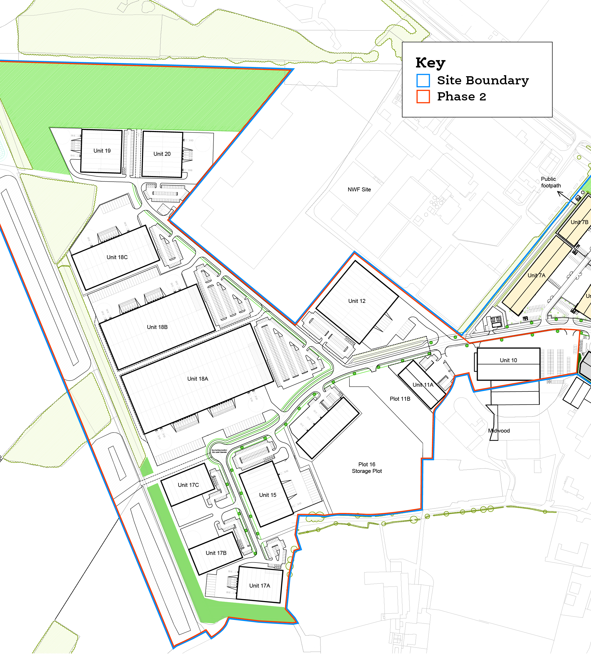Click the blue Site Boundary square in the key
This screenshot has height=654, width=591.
(x=423, y=80)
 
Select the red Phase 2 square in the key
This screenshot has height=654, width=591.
(x=423, y=96)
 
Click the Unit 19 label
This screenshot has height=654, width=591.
(x=102, y=151)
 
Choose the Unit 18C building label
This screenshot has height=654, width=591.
(x=117, y=257)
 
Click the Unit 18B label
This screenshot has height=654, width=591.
(x=157, y=327)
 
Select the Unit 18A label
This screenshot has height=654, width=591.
(x=198, y=379)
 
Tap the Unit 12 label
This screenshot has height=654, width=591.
(x=357, y=301)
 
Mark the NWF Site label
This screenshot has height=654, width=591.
(x=359, y=190)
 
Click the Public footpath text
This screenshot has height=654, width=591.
(x=550, y=182)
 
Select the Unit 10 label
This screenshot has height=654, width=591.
(x=508, y=360)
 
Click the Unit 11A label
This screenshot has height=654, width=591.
(x=423, y=385)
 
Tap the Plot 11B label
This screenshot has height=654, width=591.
(x=400, y=399)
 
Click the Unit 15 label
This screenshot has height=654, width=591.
(x=268, y=495)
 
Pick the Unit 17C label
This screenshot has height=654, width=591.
(x=188, y=485)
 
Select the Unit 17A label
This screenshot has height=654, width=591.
(x=259, y=585)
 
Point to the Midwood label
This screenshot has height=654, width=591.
(x=499, y=430)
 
